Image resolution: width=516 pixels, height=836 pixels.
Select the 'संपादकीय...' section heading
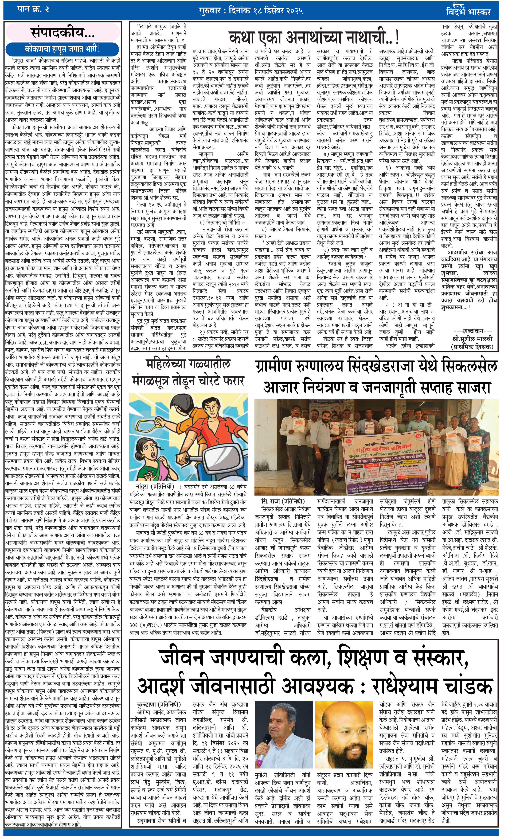[63, 33]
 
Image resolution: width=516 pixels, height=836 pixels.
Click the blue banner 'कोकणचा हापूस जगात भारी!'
[63, 49]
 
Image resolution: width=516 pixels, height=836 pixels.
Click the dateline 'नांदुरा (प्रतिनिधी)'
[155, 486]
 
